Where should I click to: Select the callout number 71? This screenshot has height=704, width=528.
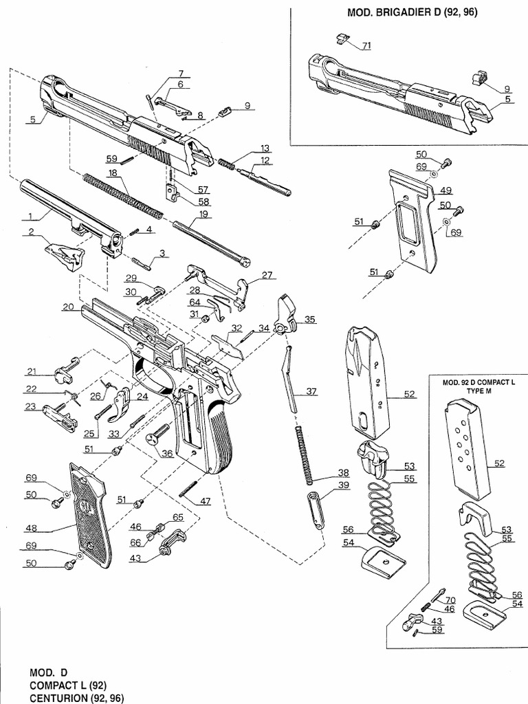366,45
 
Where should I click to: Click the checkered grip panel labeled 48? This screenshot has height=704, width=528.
88,511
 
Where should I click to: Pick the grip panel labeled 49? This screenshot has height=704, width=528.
412,220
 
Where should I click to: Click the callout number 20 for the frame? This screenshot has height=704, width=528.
68,307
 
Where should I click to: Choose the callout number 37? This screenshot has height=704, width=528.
311,391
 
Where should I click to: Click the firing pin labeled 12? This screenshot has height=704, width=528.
264,180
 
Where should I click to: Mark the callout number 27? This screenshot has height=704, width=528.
266,275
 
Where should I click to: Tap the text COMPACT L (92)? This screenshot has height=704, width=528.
68,685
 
